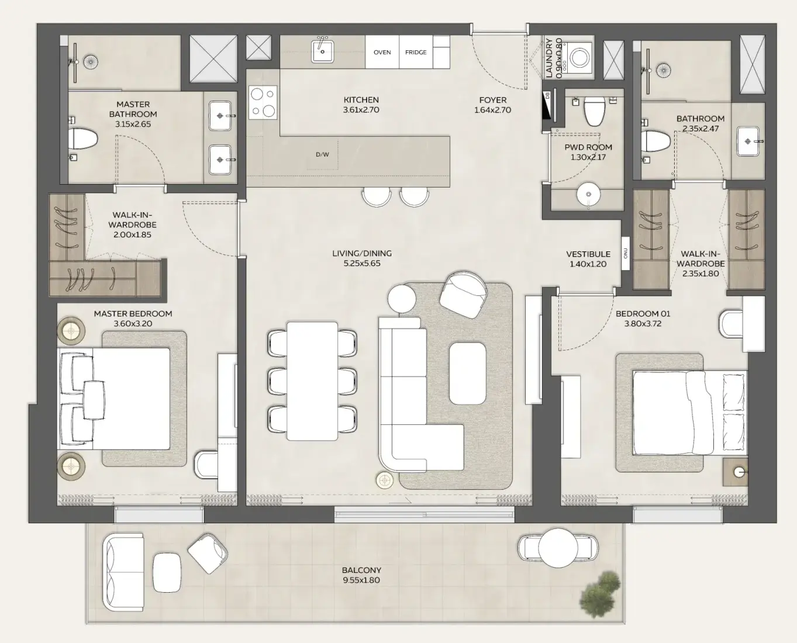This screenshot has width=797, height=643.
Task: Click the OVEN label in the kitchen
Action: coord(382,53)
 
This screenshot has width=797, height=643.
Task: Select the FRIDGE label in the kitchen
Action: coord(416,53)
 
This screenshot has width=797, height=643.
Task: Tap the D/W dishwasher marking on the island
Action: coord(322,155)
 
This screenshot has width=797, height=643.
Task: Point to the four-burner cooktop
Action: coord(263,102)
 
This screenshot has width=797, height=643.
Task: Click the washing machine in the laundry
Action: coord(580,58)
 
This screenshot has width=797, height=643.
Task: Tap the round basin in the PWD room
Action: coord(588,195)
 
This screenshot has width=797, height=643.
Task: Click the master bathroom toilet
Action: coord(82,140)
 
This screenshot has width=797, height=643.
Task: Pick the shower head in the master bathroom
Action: coord(91,61)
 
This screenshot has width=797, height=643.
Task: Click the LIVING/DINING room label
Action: coord(362,258)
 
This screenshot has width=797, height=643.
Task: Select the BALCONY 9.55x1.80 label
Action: coord(361,575)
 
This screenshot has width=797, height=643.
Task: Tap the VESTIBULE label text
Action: coord(588,259)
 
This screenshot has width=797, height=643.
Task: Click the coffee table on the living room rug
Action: coord(467,373)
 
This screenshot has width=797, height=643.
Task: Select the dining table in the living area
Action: coord(312,381)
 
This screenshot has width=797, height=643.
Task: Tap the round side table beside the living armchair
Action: coord(402,299)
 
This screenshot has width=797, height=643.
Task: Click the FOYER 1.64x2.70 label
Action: coord(493,105)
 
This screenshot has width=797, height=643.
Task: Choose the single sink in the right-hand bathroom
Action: coord(748,141)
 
